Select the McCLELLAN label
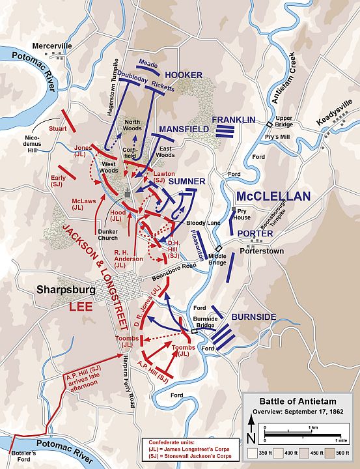[273, 195]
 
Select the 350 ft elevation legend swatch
[251, 451]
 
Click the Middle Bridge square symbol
[219, 248]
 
